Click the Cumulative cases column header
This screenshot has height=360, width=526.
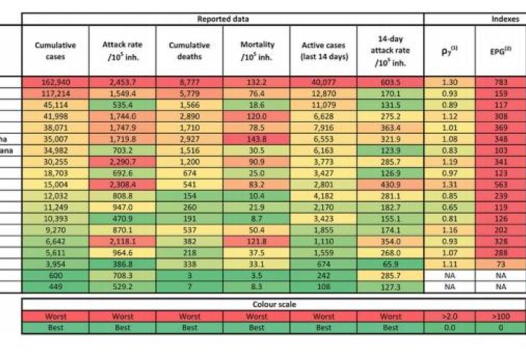click(x=55, y=50)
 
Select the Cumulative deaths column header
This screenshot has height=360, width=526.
click(x=190, y=50)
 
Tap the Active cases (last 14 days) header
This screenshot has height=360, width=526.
click(x=324, y=50)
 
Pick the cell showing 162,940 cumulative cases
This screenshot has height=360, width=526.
click(x=55, y=83)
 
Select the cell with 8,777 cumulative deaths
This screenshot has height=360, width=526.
click(x=190, y=83)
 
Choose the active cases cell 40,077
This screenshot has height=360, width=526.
click(x=324, y=83)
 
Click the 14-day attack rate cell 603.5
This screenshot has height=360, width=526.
click(x=390, y=83)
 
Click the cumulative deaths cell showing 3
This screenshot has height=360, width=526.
click(x=190, y=275)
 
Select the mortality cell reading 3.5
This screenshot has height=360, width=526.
click(x=257, y=275)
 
